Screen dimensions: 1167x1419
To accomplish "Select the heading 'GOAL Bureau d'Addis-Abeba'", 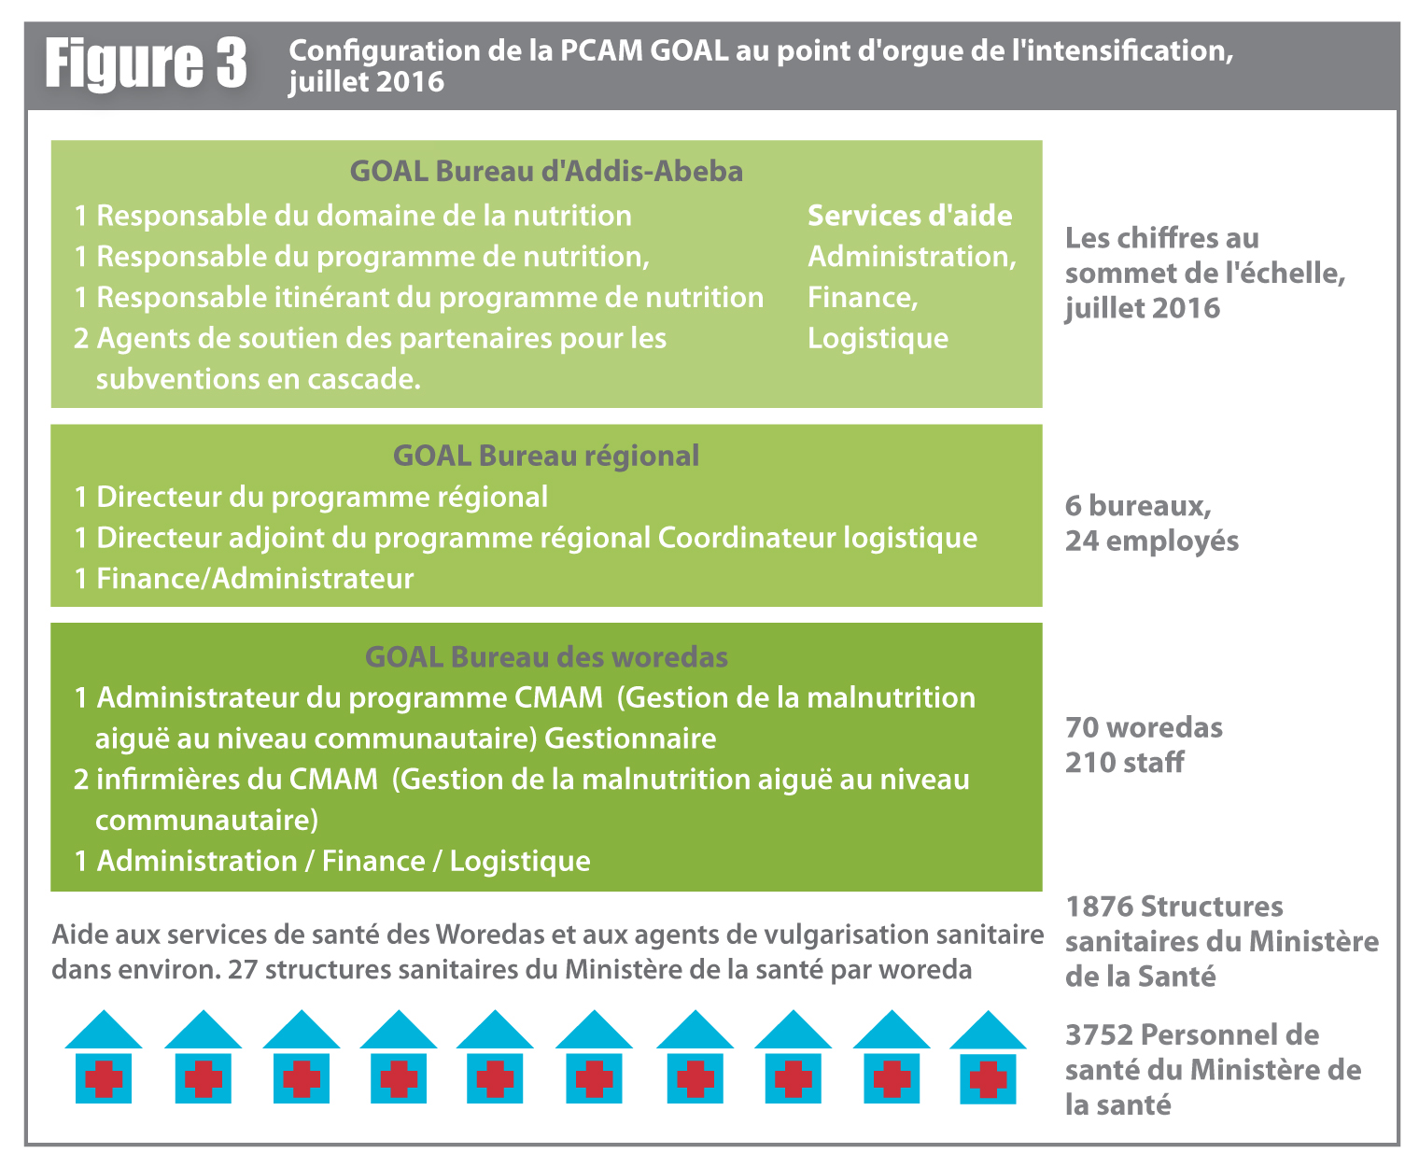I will click(546, 172).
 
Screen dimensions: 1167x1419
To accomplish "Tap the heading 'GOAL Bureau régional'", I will click(546, 456).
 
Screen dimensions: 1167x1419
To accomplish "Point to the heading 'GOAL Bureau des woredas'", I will click(546, 657).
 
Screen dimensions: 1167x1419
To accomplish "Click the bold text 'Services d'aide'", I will click(909, 216).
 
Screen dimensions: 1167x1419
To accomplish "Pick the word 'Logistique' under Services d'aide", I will click(878, 338).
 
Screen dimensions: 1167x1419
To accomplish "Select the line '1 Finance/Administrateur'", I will click(244, 579).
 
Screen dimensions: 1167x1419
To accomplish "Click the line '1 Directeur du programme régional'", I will click(311, 497).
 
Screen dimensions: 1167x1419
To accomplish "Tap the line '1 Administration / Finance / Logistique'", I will click(332, 861).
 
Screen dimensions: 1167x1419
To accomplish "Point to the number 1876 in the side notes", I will click(1099, 907).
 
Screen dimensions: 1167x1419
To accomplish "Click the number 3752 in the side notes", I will click(1099, 1035).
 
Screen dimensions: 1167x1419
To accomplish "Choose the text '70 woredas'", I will click(1144, 727).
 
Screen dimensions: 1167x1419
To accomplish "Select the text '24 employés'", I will click(1152, 541).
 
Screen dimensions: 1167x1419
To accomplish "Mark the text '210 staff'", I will click(1124, 763).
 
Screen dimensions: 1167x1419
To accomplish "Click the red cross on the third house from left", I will click(302, 1079).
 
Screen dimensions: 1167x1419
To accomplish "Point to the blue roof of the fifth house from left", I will click(495, 1031).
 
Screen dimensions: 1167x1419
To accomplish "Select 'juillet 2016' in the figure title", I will click(366, 82).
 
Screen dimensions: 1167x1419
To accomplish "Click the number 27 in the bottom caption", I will click(242, 970).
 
